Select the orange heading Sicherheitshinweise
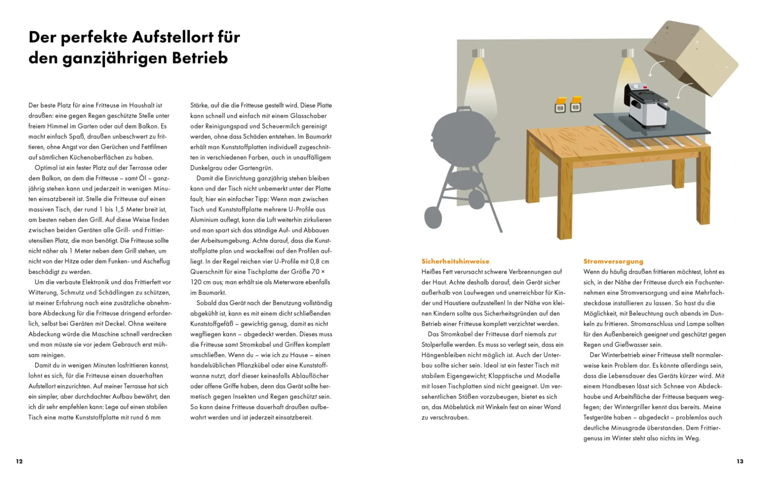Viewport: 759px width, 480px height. pos(455,261)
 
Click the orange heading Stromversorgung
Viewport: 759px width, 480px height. pos(613,261)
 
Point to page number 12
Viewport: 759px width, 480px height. pos(19,461)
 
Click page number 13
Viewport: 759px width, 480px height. pos(740,461)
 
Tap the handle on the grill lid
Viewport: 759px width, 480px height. pos(464,109)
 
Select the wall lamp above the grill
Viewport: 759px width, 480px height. pos(478,53)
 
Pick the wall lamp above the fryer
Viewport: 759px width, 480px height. pos(627,53)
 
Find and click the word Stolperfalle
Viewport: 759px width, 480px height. pos(440,345)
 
